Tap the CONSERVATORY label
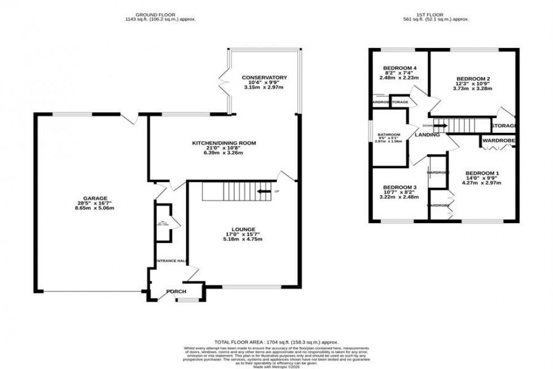tap(264, 77)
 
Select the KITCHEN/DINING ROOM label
tap(223, 143)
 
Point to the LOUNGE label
tap(242, 229)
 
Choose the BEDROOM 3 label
tap(400, 187)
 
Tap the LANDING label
tap(427, 134)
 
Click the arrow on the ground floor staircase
tap(263, 192)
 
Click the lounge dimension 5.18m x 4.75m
tap(242, 240)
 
